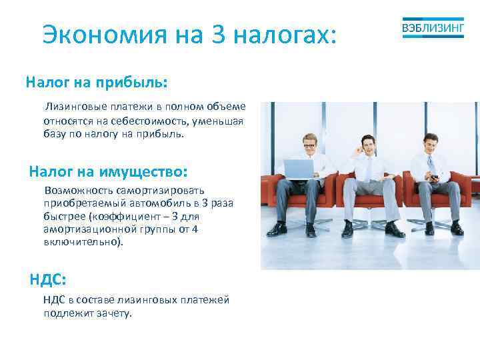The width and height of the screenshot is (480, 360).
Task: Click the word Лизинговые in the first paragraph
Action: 74,107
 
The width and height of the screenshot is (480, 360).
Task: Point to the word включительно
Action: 82,242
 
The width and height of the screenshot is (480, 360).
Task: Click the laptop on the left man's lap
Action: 300,169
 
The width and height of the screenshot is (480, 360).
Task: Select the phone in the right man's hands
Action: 432,179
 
